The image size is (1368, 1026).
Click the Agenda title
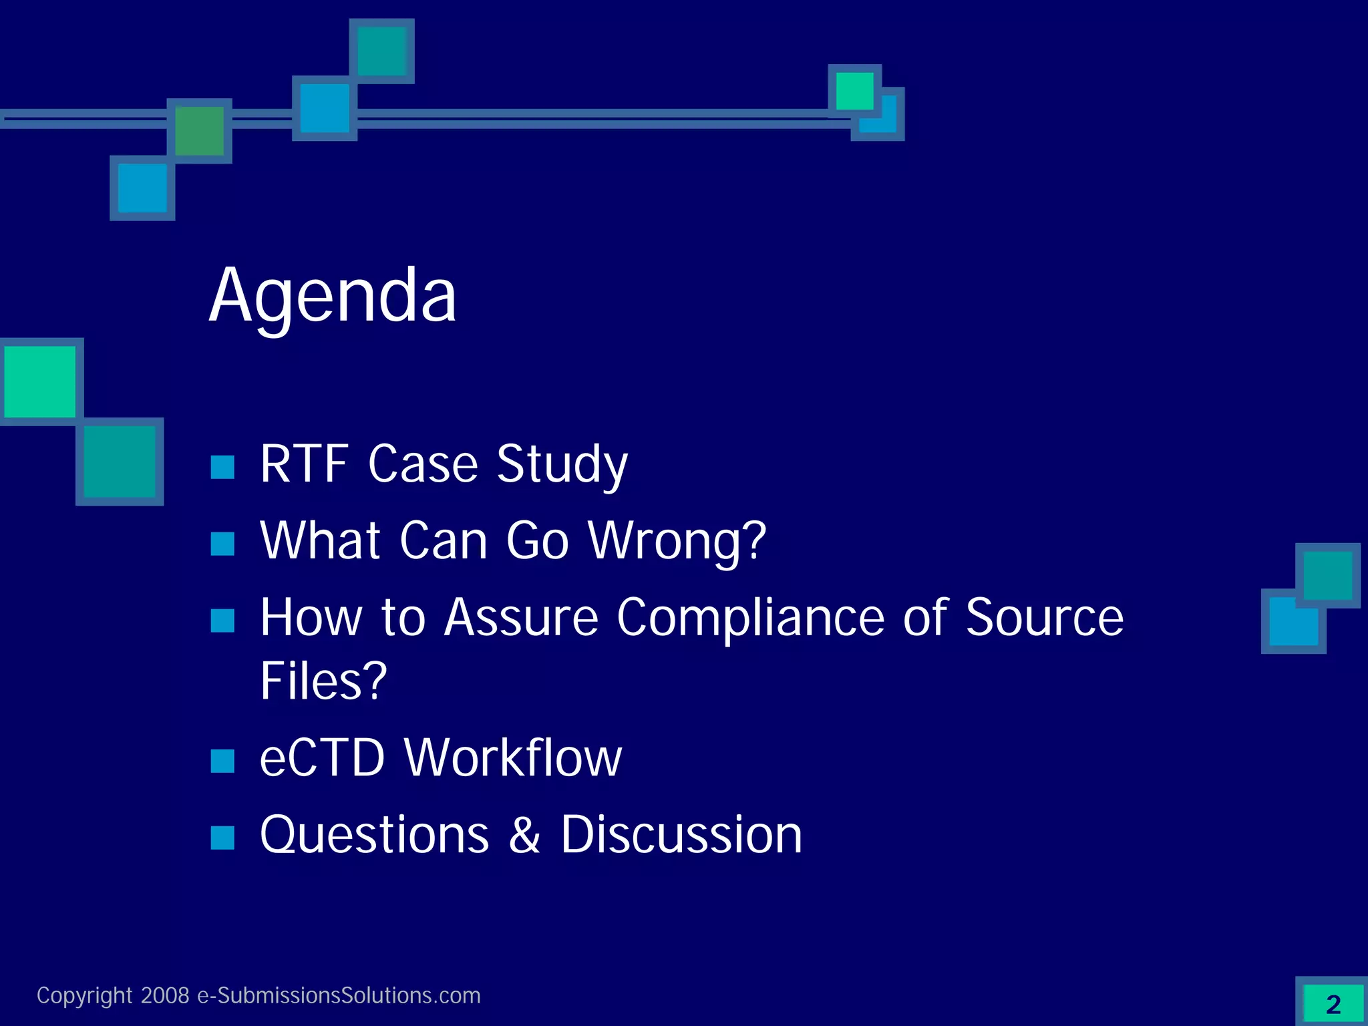pyautogui.click(x=333, y=296)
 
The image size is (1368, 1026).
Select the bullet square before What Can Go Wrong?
pyautogui.click(x=222, y=544)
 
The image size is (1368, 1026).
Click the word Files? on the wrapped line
pyautogui.click(x=323, y=681)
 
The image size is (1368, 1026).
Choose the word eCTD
pyautogui.click(x=322, y=757)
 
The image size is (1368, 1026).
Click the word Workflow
pyautogui.click(x=513, y=757)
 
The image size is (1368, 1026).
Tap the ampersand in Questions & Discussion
pyautogui.click(x=524, y=835)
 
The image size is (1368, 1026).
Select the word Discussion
pyautogui.click(x=681, y=835)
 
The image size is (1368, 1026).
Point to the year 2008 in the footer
pyautogui.click(x=165, y=996)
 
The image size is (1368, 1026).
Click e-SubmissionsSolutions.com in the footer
pyautogui.click(x=339, y=996)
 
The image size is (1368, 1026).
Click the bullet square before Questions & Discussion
pyautogui.click(x=222, y=837)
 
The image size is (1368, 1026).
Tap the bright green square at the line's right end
pyautogui.click(x=854, y=90)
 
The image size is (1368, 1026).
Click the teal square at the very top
pyautogui.click(x=382, y=51)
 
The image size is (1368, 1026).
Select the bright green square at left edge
pyautogui.click(x=40, y=381)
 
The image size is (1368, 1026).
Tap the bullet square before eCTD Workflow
pyautogui.click(x=222, y=761)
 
